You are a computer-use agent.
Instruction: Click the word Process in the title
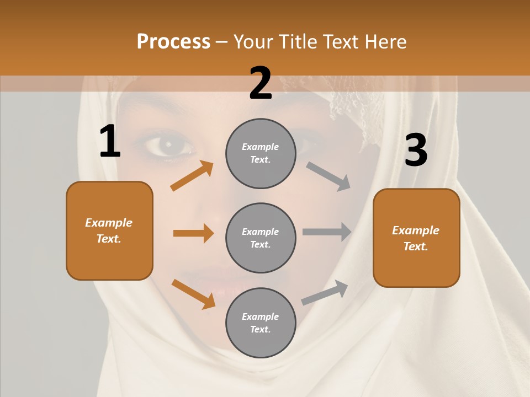pyautogui.click(x=173, y=42)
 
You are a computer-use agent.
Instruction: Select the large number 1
pyautogui.click(x=110, y=142)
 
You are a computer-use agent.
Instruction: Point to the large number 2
pyautogui.click(x=261, y=84)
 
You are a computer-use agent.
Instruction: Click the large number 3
pyautogui.click(x=416, y=150)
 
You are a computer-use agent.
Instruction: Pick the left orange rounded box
pyautogui.click(x=109, y=230)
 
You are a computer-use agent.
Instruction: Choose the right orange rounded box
pyautogui.click(x=416, y=238)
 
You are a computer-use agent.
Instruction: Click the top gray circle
pyautogui.click(x=261, y=153)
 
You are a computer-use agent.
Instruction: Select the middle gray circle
pyautogui.click(x=261, y=238)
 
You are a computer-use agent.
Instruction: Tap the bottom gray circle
pyautogui.click(x=261, y=323)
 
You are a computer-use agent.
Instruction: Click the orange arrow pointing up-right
pyautogui.click(x=192, y=176)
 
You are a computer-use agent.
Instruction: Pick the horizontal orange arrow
pyautogui.click(x=193, y=233)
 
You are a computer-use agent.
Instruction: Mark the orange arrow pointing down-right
pyautogui.click(x=193, y=294)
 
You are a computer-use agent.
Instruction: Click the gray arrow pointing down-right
pyautogui.click(x=328, y=176)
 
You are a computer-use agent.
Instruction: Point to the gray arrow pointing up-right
pyautogui.click(x=325, y=293)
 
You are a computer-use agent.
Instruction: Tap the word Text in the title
pyautogui.click(x=338, y=42)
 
